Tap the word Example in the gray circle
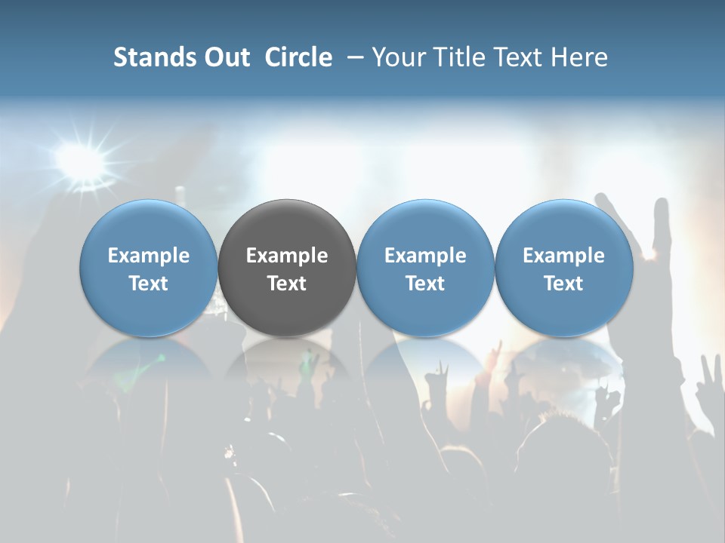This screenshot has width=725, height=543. [287, 256]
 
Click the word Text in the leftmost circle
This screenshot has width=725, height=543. [148, 284]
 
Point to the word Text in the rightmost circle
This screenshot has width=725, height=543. [564, 284]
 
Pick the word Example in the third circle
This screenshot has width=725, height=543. [425, 256]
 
